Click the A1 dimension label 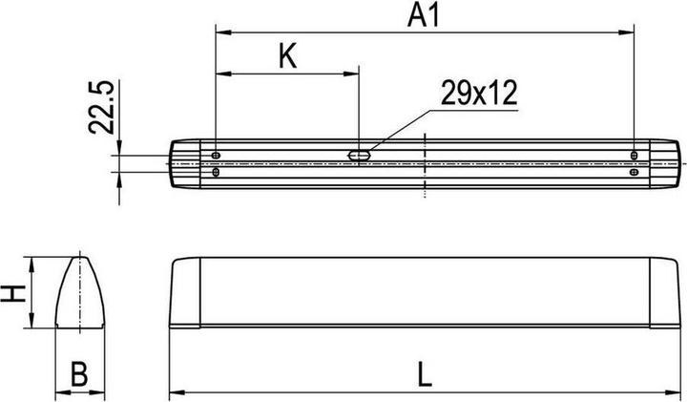click(427, 15)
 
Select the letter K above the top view click(287, 56)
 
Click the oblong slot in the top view click(360, 153)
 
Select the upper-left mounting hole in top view click(218, 155)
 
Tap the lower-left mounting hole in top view click(218, 173)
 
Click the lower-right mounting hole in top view click(635, 173)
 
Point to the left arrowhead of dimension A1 click(223, 33)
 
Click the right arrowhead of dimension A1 click(630, 33)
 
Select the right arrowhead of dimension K click(353, 73)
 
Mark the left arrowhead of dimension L click(177, 391)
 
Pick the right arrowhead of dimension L click(678, 391)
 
